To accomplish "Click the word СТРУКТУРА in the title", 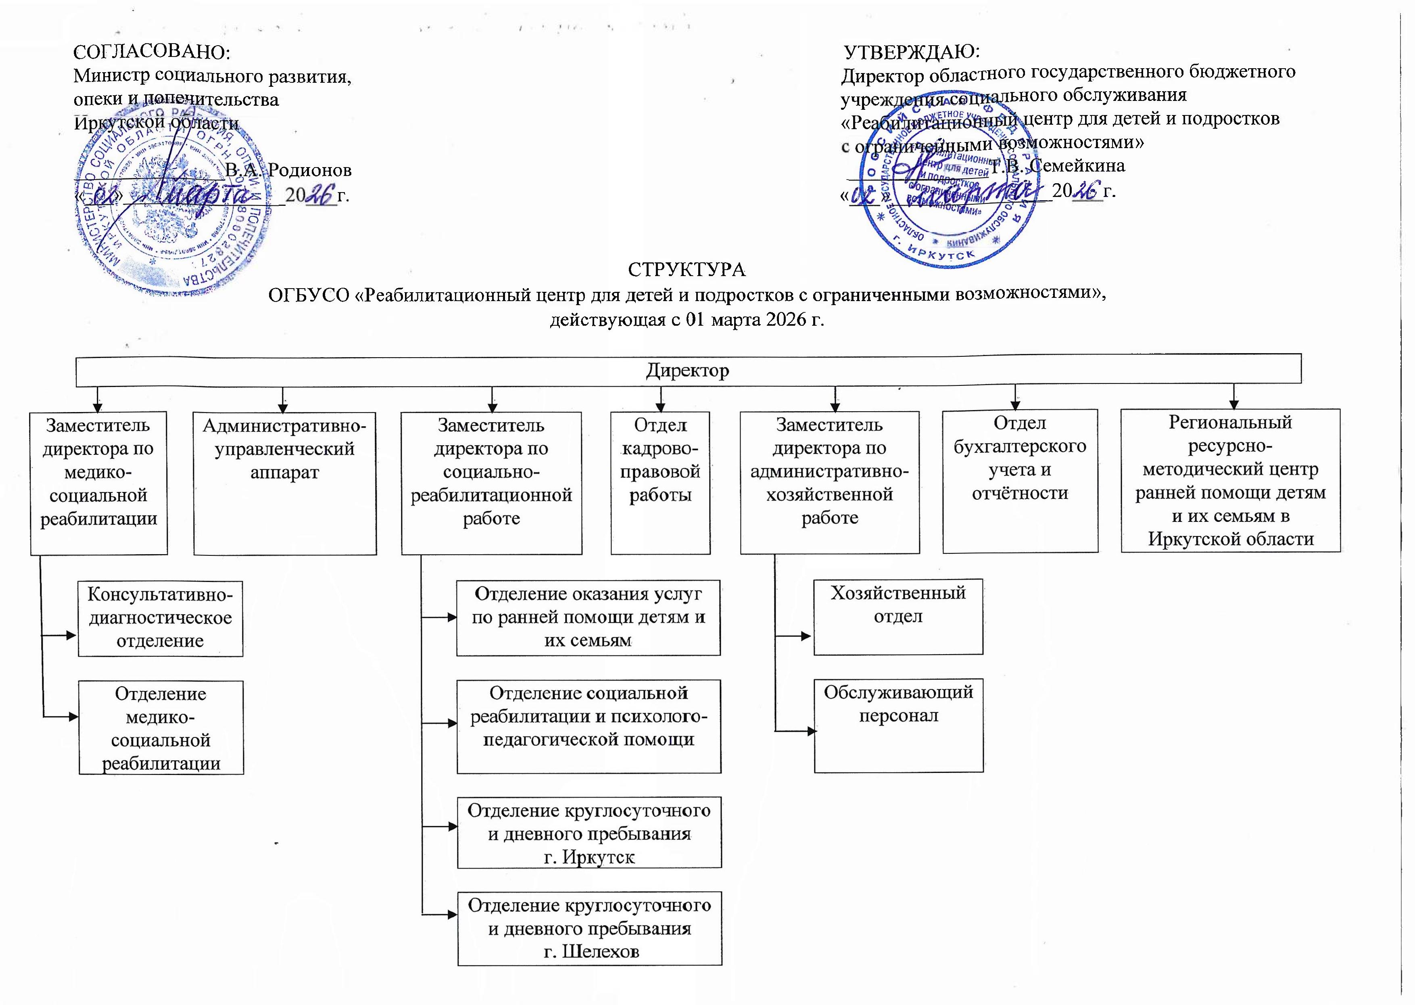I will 687,270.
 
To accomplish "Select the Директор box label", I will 687,370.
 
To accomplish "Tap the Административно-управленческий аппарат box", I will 284,483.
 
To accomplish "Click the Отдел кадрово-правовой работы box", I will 660,483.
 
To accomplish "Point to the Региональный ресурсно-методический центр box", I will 1230,480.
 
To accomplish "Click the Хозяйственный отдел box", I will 898,616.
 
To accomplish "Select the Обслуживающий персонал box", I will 898,725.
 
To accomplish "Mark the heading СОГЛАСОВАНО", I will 152,52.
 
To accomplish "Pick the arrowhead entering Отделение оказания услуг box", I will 452,617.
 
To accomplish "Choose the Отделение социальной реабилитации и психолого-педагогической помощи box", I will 589,726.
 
